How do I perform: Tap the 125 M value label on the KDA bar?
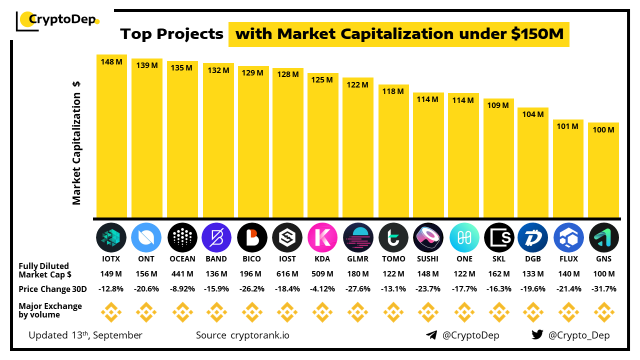point(322,80)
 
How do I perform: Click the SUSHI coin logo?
point(429,237)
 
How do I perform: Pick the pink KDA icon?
point(322,237)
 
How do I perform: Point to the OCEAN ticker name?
point(182,259)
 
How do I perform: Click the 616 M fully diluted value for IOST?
point(287,274)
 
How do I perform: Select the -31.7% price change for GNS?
point(603,289)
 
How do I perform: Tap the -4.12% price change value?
point(322,289)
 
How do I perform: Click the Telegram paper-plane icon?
point(431,335)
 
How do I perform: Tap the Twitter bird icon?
point(537,335)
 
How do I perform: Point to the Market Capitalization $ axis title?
point(76,142)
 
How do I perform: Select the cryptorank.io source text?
point(259,335)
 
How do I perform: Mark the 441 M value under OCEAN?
point(182,274)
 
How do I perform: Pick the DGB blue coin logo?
point(532,237)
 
